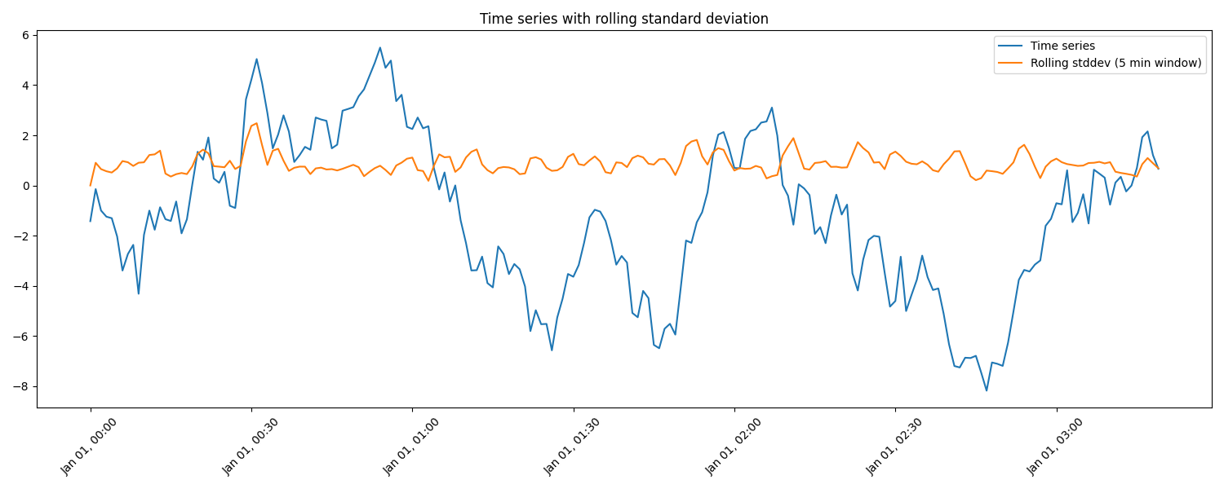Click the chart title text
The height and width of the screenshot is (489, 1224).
click(x=623, y=19)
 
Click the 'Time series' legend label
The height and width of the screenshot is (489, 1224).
click(x=1062, y=46)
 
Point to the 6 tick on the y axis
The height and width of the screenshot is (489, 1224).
click(x=25, y=35)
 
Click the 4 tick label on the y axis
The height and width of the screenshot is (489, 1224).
click(x=25, y=86)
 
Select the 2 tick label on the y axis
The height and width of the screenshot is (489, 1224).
click(x=25, y=135)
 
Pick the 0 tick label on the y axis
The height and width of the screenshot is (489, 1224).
click(x=25, y=186)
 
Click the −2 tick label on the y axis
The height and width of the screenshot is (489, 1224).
click(x=22, y=236)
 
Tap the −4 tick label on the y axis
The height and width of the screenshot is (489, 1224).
click(x=22, y=286)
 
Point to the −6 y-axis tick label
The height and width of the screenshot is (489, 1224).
click(x=22, y=337)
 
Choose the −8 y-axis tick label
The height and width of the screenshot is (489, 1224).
click(x=22, y=386)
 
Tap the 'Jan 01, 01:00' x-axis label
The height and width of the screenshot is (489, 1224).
click(x=411, y=447)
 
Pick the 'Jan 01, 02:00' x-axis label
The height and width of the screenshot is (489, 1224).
click(x=734, y=447)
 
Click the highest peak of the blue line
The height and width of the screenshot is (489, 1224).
click(x=379, y=47)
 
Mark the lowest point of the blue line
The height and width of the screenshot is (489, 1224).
click(x=986, y=390)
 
